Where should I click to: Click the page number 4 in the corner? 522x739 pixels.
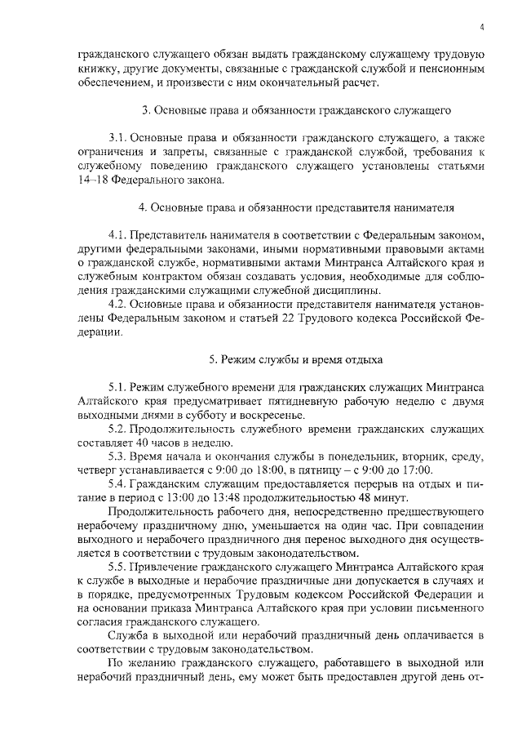482,26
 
